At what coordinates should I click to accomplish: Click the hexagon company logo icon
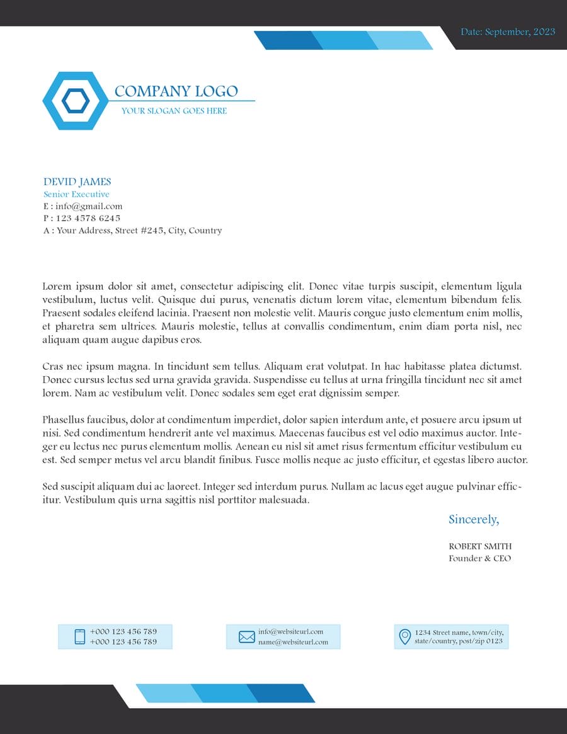tap(76, 101)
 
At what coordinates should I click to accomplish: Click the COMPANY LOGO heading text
tap(176, 91)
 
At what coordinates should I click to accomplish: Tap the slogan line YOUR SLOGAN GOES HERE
tap(174, 111)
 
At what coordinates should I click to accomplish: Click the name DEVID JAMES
tap(77, 182)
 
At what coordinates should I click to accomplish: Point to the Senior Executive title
tap(76, 194)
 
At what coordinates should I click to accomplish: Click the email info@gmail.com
tap(89, 206)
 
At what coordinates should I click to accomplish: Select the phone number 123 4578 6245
tap(88, 218)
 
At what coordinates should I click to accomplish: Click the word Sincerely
tap(473, 519)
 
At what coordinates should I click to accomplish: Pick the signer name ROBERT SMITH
tap(480, 546)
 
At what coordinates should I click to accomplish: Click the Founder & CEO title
tap(479, 558)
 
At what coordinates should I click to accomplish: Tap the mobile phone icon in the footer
tap(80, 636)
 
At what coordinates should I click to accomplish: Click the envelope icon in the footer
tap(247, 637)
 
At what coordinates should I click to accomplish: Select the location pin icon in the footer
tap(405, 636)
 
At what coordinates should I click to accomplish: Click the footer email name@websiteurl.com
tap(293, 642)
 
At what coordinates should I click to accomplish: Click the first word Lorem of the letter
tap(55, 286)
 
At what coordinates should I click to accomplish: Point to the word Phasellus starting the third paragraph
tap(63, 420)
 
